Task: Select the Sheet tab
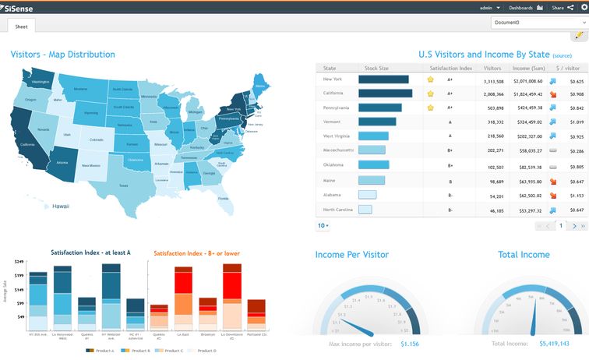22,26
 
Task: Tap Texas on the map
123,185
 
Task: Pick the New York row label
333,79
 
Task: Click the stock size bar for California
385,94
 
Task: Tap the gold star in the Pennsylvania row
430,108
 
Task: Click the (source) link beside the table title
562,56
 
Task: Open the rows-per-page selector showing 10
323,225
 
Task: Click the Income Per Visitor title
351,254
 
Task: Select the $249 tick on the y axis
19,262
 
